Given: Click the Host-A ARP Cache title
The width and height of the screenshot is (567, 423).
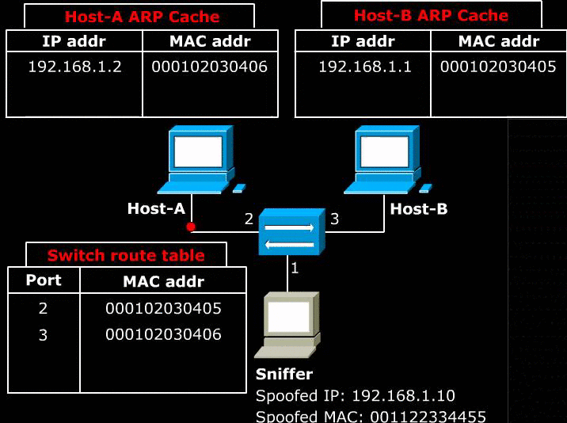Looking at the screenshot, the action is point(142,17).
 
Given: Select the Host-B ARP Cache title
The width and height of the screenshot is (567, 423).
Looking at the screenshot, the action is point(431,15).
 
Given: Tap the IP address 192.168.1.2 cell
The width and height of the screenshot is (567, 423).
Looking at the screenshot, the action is point(75,67).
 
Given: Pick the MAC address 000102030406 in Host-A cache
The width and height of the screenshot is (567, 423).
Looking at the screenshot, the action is point(209,67).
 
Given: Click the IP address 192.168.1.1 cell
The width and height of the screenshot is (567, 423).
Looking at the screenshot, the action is point(365,67).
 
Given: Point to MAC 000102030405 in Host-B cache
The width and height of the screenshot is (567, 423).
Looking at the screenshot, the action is point(498,67).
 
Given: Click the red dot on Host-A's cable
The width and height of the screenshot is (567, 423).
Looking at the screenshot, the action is point(191,227).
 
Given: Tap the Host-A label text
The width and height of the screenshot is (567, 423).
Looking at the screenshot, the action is point(156,209).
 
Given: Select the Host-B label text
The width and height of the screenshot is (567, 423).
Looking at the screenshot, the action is point(419,209).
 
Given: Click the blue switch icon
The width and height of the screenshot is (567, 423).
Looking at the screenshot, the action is point(292,231).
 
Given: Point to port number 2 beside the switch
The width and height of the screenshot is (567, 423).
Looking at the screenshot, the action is point(249,219).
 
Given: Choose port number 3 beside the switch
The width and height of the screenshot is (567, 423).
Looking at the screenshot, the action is point(334,219).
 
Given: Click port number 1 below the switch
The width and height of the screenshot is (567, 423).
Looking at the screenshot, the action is point(295,268).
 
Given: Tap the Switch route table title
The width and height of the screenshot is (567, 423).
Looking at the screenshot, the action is point(126,256).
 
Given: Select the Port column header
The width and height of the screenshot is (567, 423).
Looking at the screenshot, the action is point(44,280).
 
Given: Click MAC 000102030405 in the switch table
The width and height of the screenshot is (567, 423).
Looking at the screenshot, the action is point(163,308).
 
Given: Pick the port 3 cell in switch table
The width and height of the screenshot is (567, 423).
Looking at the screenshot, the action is point(43,335).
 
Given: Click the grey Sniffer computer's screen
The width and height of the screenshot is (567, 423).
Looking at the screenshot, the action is point(288,317).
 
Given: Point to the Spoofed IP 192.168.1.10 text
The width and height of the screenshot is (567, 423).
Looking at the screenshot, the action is point(355,396).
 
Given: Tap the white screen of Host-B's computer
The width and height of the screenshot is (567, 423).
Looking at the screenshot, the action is point(385,152).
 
